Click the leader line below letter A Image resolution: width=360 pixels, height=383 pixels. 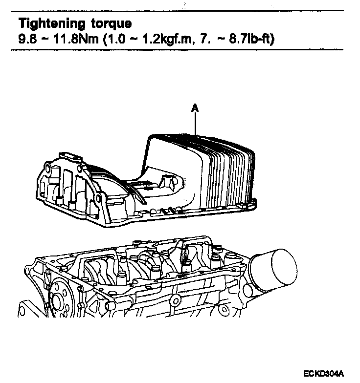195,125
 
